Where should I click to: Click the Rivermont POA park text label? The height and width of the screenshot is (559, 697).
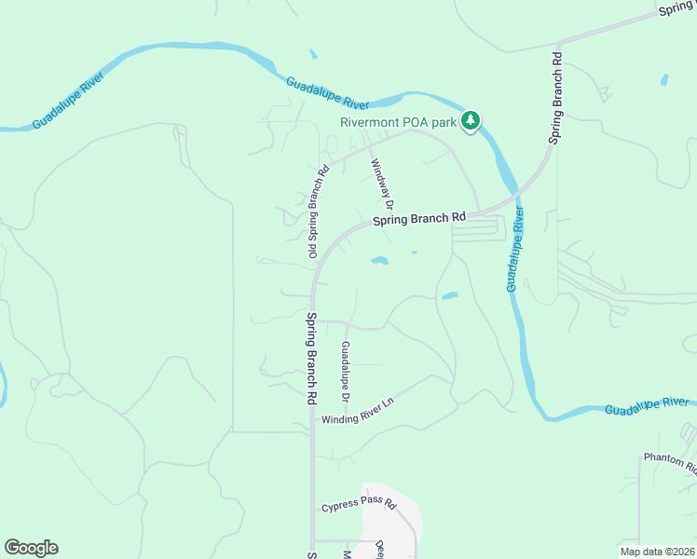(x=398, y=122)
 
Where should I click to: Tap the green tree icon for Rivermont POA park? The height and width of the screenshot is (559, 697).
(x=471, y=120)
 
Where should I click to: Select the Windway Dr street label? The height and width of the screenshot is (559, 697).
(x=383, y=184)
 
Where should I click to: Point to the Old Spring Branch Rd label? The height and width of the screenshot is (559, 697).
(x=319, y=211)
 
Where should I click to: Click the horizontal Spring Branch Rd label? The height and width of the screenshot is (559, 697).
(x=418, y=220)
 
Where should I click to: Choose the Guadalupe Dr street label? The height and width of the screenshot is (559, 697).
(x=345, y=372)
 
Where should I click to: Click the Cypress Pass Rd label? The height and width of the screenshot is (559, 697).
(x=359, y=507)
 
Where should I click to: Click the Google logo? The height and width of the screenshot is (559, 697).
(x=31, y=548)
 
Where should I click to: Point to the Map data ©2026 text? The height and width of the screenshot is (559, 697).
(x=657, y=552)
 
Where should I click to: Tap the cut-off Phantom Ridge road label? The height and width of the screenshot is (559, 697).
(x=669, y=460)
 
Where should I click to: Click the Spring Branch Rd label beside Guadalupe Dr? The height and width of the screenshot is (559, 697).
(x=310, y=357)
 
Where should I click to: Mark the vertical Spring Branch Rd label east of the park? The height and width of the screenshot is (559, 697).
(x=556, y=96)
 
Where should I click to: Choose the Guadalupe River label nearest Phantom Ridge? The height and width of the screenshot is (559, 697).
(x=647, y=406)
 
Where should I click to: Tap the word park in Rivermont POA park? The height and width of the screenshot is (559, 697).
(x=444, y=122)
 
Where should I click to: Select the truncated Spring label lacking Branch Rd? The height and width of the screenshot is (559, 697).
(x=676, y=8)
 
